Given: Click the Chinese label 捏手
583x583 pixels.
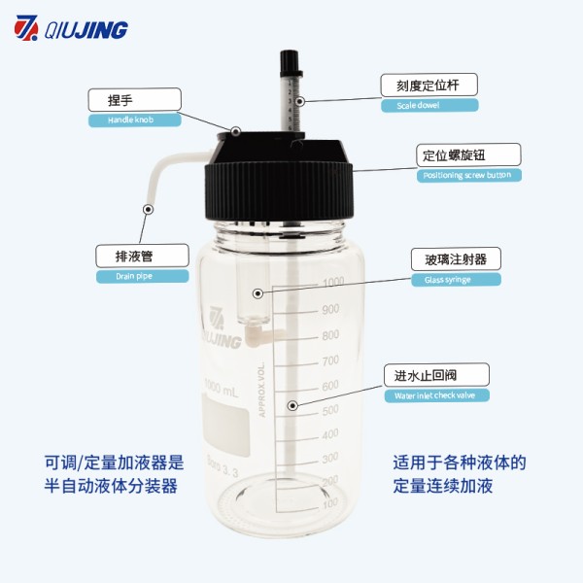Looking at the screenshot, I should coord(135,99).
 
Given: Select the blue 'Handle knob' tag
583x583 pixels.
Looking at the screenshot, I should coord(135,120).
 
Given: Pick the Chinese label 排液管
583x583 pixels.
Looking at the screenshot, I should coord(142,256).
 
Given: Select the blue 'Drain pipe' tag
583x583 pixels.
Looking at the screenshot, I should coord(142,276).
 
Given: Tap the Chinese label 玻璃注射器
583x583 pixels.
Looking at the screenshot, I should coord(455,259).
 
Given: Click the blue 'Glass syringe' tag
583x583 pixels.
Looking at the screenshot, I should coord(455,280).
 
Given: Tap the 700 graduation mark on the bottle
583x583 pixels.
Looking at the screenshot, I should coord(331,360).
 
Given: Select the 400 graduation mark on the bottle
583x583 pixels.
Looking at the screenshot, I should coord(331,433).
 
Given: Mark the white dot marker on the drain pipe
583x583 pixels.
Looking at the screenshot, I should coord(149,207).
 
